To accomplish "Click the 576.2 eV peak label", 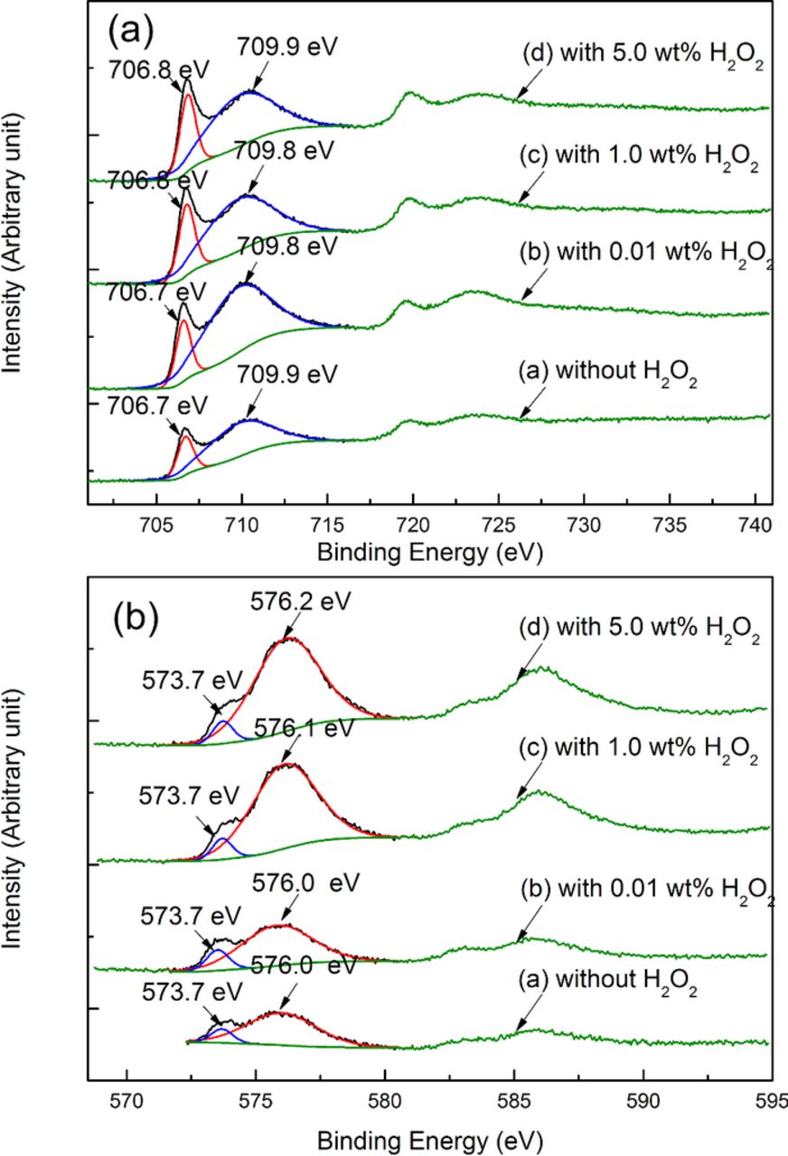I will [x=291, y=601].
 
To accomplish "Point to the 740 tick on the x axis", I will [x=756, y=527].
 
